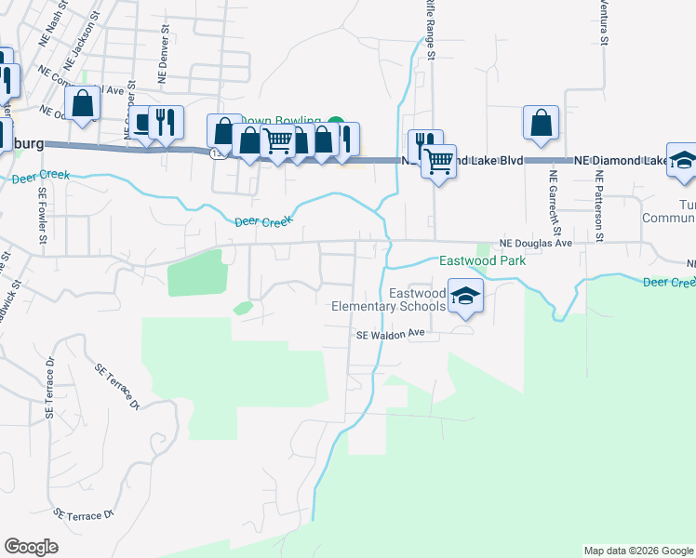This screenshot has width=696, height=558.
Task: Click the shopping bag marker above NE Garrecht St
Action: click(541, 124)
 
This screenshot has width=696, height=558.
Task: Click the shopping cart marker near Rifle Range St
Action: click(438, 162)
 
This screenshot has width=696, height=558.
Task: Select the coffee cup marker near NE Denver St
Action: click(141, 123)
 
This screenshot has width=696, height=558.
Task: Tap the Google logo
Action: click(31, 547)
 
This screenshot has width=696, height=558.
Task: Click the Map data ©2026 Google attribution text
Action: click(638, 551)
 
